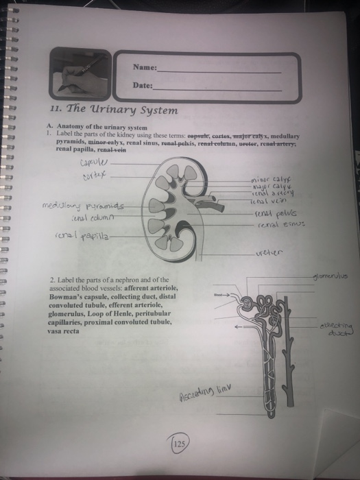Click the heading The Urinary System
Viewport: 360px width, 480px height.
point(113,110)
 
